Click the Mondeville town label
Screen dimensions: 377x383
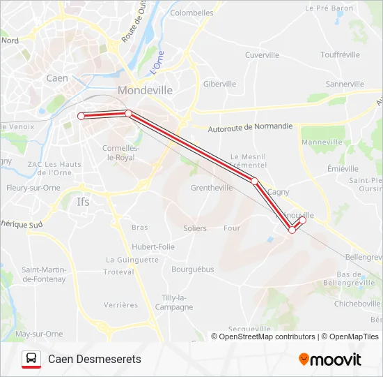[x=145, y=90]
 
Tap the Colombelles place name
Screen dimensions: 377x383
[x=191, y=13]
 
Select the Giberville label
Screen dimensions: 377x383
[x=220, y=84]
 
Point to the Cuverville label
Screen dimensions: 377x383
[x=262, y=54]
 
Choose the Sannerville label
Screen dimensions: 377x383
[x=345, y=84]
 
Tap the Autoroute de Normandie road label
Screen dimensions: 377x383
[x=251, y=128]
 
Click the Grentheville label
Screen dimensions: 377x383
[x=212, y=188]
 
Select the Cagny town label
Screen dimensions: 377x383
[x=278, y=191]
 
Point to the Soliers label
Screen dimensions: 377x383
[x=195, y=228]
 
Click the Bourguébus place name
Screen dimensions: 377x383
[x=193, y=269]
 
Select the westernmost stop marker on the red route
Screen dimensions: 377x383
[x=81, y=116]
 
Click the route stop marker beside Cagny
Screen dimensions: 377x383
[x=255, y=182]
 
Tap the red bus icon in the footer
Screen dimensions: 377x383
[x=31, y=359]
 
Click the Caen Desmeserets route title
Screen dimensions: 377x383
[x=95, y=359]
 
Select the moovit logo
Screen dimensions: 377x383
[x=330, y=359]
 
